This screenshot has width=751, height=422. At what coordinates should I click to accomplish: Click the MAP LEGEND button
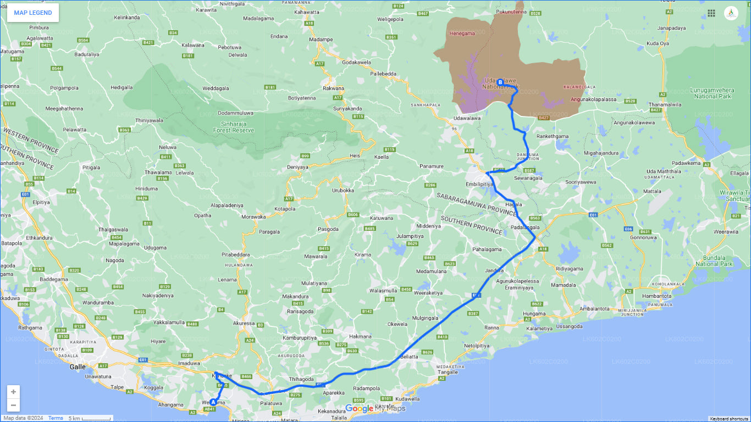point(33,13)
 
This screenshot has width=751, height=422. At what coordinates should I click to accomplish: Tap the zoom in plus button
point(13,392)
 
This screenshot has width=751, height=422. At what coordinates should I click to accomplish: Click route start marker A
point(213,402)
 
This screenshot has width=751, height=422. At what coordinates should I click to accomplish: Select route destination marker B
point(500,82)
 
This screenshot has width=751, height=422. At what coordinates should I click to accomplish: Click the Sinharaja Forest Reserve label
point(234,127)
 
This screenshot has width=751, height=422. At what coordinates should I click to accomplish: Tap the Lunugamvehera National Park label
point(713,93)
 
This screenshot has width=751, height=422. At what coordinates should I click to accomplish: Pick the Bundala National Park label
point(714,261)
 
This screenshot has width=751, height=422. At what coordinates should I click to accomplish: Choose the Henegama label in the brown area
point(462,34)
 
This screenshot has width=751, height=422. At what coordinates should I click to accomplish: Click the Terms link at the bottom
point(56,418)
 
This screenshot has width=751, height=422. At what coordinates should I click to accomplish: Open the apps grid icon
point(711,13)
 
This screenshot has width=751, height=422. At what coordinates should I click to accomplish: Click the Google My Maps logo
point(375,408)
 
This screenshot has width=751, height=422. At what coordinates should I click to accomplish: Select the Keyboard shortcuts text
point(728,419)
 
